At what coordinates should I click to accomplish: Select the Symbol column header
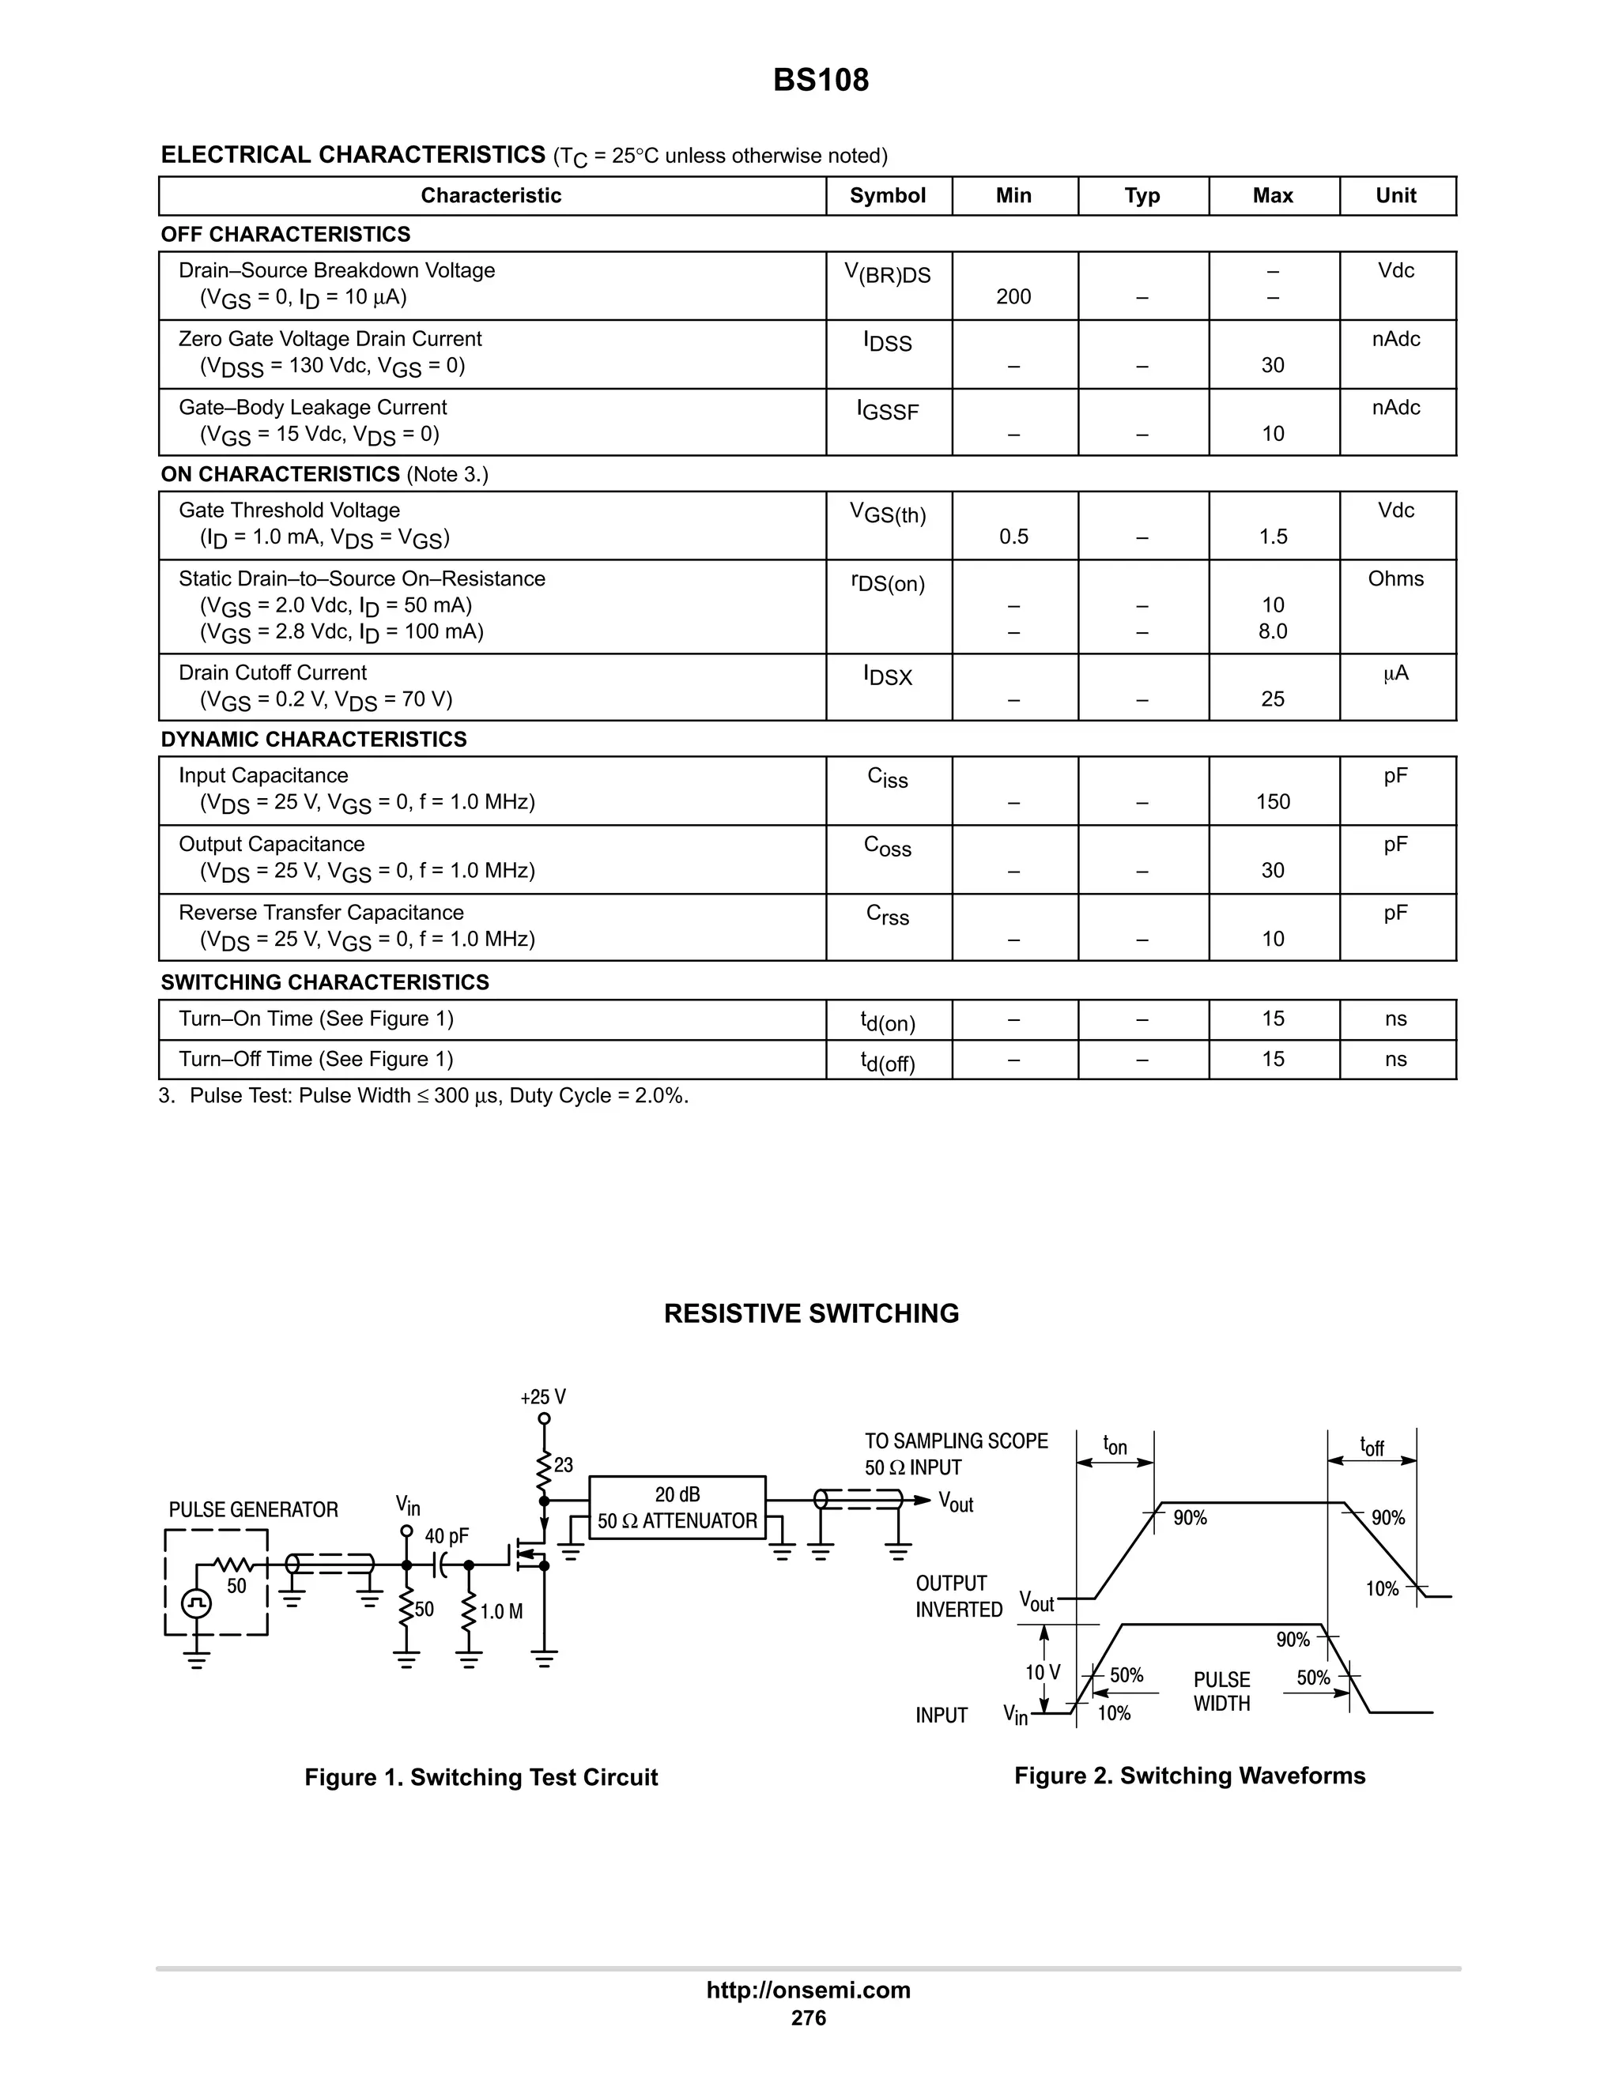[887, 196]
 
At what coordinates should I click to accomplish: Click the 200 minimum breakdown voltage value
[1013, 297]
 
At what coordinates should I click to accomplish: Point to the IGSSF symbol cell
[887, 412]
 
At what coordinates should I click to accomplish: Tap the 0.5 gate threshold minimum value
[1013, 537]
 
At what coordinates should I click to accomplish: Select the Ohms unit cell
[1395, 579]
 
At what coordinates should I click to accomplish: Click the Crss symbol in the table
[887, 916]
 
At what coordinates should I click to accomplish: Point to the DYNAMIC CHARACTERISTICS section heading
[314, 740]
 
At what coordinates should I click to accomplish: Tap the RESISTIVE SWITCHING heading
[810, 1313]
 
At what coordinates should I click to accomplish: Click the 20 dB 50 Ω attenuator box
[677, 1507]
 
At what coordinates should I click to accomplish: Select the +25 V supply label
[543, 1397]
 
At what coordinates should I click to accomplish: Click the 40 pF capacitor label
[447, 1536]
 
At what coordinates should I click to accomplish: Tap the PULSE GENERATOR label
[253, 1510]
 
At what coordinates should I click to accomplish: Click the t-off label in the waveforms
[1372, 1446]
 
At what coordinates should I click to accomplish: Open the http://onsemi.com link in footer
[808, 1990]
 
